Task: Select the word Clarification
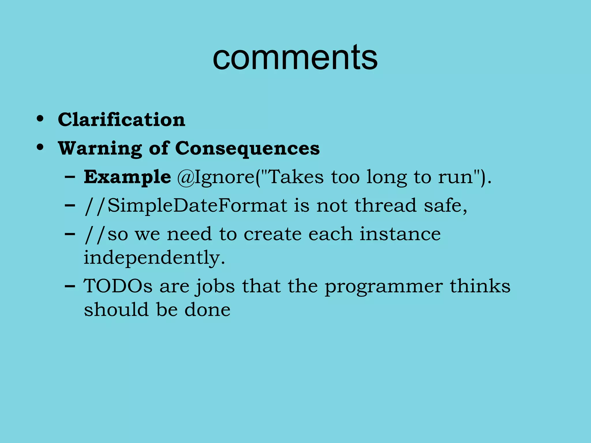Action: (121, 119)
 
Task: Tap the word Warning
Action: (100, 148)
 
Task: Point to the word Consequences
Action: (247, 148)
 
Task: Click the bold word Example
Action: (127, 177)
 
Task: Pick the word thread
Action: (386, 205)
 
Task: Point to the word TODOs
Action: (118, 286)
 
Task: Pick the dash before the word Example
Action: (70, 177)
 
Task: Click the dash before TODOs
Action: (70, 287)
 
